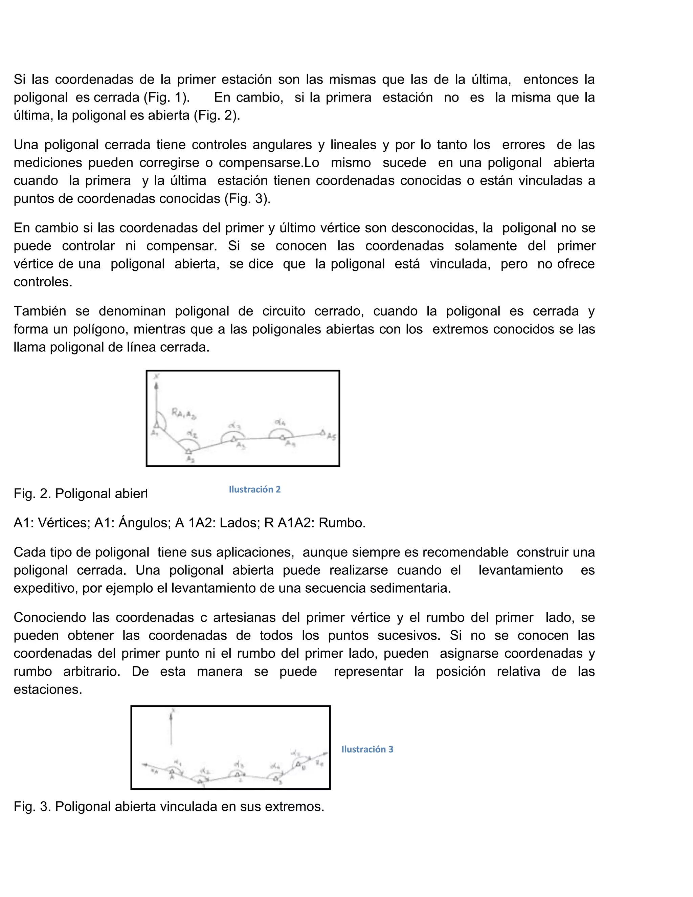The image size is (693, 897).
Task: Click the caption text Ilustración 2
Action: click(254, 489)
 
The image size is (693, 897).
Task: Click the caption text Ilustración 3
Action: click(367, 749)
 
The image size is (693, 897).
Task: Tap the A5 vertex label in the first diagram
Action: click(331, 437)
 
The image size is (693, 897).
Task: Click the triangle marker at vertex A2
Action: click(188, 451)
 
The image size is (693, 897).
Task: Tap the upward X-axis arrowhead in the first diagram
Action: click(156, 386)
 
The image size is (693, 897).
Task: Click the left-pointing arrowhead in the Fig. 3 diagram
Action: click(144, 764)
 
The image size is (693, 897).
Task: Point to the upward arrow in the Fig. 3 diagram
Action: click(172, 717)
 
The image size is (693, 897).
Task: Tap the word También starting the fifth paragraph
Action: click(40, 311)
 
